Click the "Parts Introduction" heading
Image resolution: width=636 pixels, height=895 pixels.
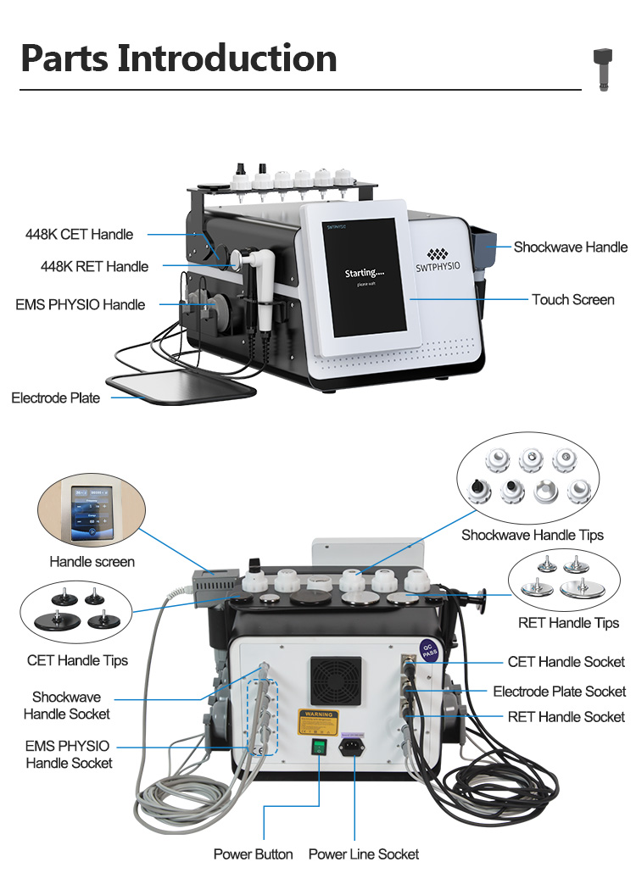tap(178, 58)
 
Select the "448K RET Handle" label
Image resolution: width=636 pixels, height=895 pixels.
tap(94, 266)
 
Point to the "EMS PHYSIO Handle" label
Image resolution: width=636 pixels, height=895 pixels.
tap(80, 304)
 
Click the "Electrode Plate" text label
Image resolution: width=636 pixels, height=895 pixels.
tap(55, 397)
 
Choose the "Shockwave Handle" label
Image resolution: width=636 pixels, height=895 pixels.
tap(570, 247)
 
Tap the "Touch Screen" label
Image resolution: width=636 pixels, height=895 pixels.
tap(572, 299)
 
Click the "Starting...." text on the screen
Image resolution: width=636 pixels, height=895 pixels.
tap(365, 274)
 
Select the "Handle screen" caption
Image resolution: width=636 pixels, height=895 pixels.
tap(92, 561)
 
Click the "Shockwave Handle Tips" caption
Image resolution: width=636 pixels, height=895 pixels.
tap(532, 535)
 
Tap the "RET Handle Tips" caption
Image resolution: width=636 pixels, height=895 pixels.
tap(568, 623)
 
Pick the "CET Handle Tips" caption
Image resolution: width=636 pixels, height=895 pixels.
tap(77, 660)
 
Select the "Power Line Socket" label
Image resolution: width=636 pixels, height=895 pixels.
tap(363, 853)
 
